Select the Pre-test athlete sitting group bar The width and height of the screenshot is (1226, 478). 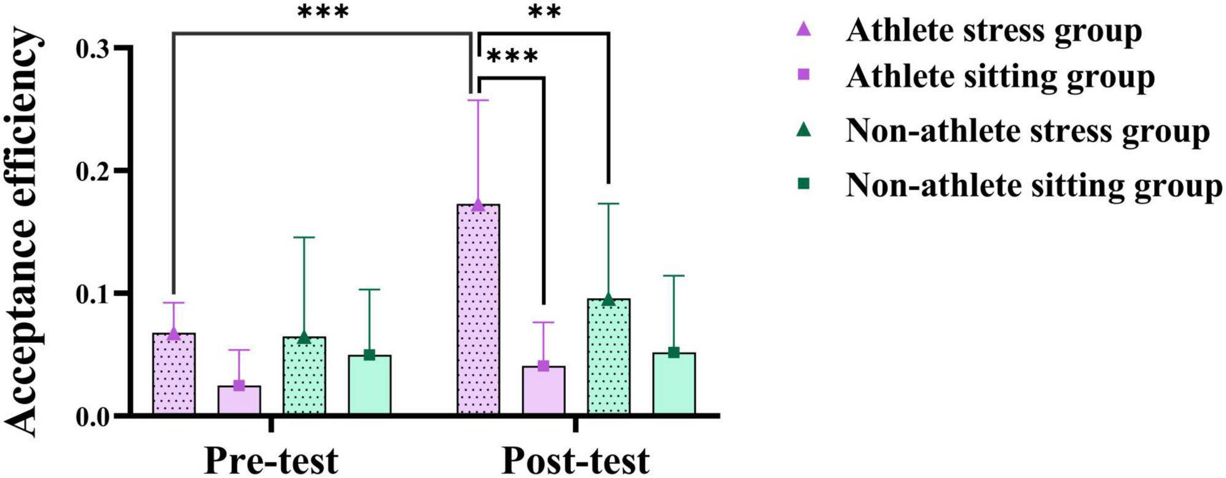click(239, 400)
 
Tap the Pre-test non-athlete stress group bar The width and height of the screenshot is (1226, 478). click(304, 375)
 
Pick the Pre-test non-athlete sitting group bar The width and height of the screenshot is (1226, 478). click(369, 385)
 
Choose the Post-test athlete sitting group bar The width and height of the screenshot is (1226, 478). click(544, 390)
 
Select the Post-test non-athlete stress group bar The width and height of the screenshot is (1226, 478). click(609, 356)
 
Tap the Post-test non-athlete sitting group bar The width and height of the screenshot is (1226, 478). click(674, 383)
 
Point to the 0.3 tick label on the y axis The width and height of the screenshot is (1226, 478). click(93, 48)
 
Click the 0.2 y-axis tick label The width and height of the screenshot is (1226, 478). click(93, 171)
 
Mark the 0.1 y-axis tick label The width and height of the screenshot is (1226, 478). click(93, 294)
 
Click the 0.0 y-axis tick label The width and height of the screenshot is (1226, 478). click(93, 417)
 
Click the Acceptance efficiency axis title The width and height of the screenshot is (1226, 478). click(25, 233)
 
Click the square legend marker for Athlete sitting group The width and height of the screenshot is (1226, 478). click(803, 75)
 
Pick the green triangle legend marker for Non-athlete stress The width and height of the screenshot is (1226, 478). click(803, 130)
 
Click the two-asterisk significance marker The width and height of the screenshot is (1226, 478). click(544, 12)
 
